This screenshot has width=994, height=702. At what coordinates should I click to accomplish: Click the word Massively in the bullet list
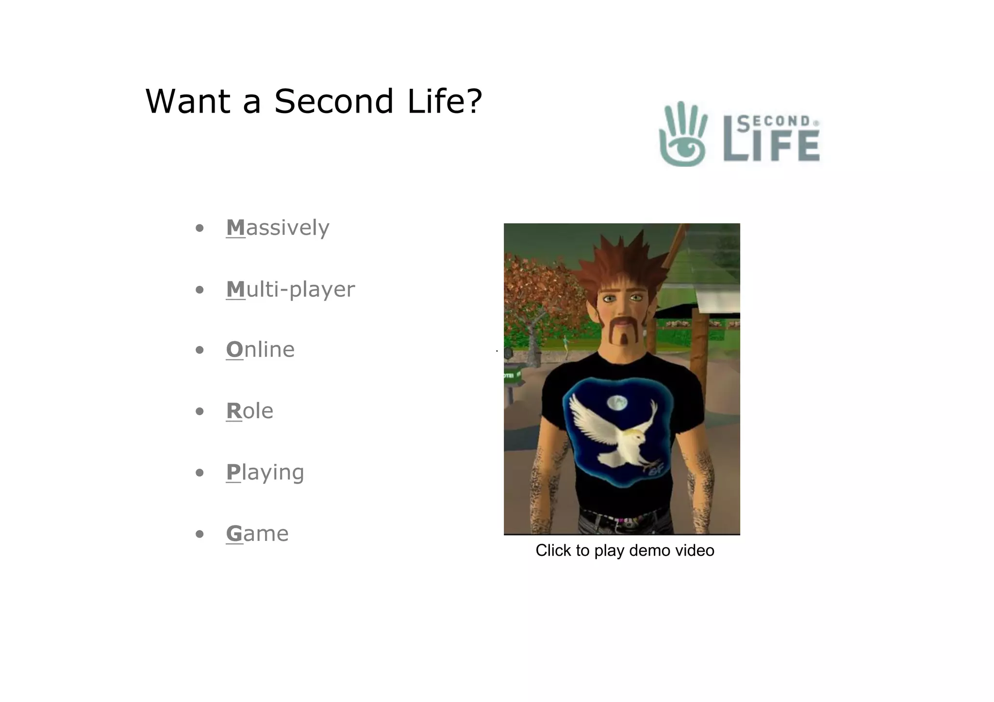coord(278,228)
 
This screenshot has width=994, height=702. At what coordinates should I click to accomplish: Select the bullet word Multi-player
coord(290,290)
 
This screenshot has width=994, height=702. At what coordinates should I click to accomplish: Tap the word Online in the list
coord(260,350)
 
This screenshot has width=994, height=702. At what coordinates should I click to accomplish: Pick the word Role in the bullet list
coord(249,411)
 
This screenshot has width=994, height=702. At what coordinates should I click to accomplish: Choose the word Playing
coord(265,473)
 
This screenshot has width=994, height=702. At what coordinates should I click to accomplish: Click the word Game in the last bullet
coord(257,534)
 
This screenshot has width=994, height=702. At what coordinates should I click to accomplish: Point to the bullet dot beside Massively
coord(199,229)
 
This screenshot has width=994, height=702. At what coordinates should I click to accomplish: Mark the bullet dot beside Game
coord(199,535)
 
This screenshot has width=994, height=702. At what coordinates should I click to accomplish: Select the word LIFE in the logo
coord(772,146)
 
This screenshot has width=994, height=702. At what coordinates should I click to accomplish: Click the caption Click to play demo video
coord(625,551)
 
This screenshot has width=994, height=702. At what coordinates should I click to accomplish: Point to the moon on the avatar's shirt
coord(617,402)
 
